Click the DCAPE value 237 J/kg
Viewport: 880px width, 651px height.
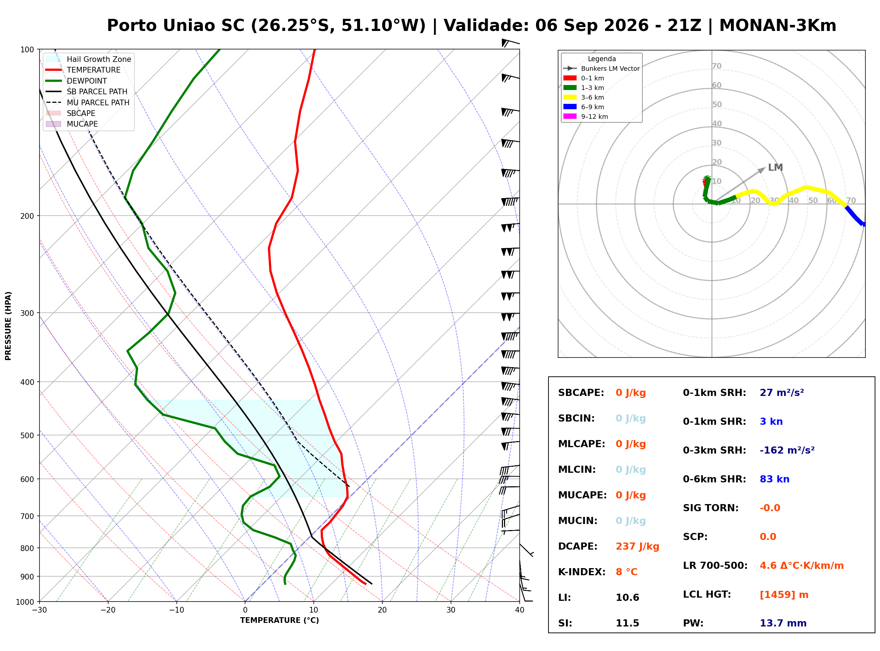click(x=637, y=546)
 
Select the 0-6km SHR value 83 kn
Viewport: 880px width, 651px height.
click(x=774, y=479)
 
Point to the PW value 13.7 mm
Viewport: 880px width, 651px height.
click(x=783, y=623)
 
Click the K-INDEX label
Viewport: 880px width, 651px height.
click(x=582, y=572)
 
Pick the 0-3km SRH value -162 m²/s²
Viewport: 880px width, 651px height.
click(x=787, y=450)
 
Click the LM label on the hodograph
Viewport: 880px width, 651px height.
click(x=775, y=168)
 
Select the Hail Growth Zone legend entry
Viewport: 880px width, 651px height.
click(x=89, y=59)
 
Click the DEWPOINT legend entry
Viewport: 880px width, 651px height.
click(x=76, y=81)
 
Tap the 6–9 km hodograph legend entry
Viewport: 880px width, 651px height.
click(x=586, y=107)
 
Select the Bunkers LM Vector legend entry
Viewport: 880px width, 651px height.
click(x=601, y=69)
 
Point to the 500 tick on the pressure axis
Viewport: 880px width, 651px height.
click(x=28, y=435)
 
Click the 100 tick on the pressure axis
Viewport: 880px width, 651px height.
click(x=28, y=49)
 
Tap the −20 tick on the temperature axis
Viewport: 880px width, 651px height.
click(x=107, y=610)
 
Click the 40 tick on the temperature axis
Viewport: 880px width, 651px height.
click(x=519, y=610)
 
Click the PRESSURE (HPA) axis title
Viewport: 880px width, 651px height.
click(x=8, y=325)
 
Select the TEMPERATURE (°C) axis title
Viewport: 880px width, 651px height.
click(x=279, y=620)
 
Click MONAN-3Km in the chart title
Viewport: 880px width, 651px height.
click(x=778, y=26)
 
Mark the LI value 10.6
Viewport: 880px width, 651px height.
click(x=627, y=597)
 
